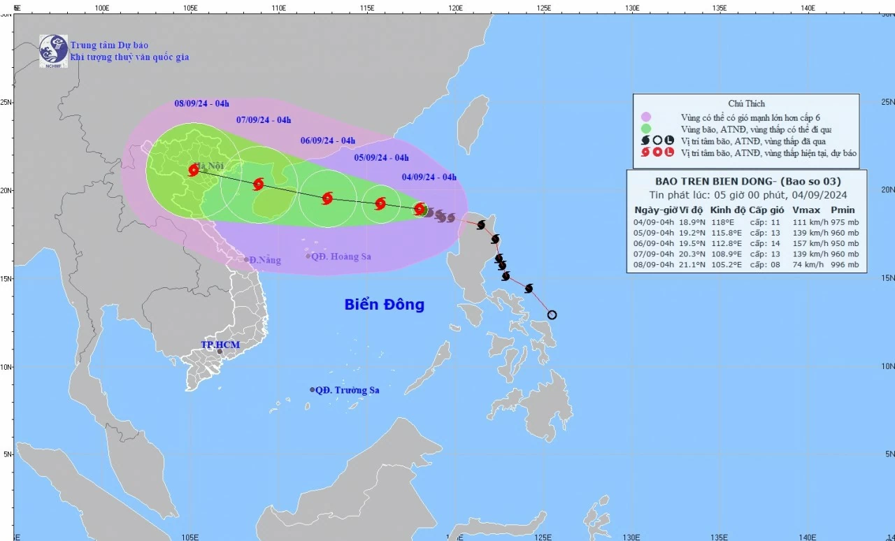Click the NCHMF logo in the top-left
53,50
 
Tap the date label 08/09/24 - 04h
201,103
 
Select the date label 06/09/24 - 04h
328,140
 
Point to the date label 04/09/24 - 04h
429,177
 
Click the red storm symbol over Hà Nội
194,170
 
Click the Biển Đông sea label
384,305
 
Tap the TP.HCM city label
220,345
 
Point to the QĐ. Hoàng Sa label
341,257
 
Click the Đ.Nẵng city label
264,260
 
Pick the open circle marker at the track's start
552,315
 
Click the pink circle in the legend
646,117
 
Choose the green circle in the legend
646,129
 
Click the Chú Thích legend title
746,103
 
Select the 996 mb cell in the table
843,265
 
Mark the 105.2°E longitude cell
724,265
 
